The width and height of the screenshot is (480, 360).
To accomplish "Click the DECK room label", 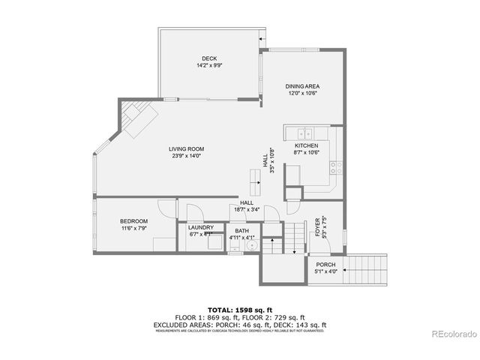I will pyautogui.click(x=209, y=58).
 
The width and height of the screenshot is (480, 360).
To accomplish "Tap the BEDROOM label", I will pyautogui.click(x=133, y=221).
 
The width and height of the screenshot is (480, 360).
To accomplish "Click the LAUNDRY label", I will pyautogui.click(x=201, y=227).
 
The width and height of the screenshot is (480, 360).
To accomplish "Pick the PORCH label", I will pyautogui.click(x=325, y=265).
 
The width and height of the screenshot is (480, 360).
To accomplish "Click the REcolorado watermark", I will pyautogui.click(x=451, y=334).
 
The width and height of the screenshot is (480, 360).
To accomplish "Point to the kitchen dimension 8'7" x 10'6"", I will pyautogui.click(x=307, y=152).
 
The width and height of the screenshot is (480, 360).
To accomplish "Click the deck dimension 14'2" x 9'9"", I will pyautogui.click(x=209, y=66).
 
